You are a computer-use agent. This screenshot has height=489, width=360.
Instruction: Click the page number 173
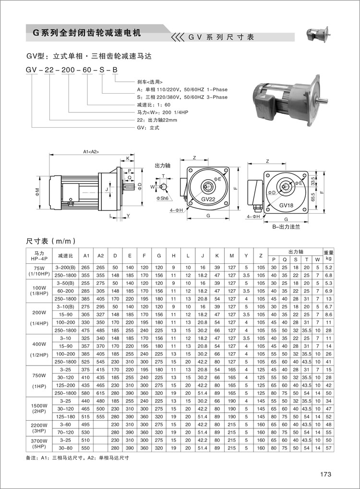coord(326,474)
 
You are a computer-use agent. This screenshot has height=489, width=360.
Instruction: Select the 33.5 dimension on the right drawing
coord(313,182)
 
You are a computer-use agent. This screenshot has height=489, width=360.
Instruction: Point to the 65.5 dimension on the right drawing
coord(313,198)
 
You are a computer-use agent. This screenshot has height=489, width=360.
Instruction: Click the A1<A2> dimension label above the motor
coord(91,152)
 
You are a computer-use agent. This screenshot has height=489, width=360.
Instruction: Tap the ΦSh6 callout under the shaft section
coord(162,198)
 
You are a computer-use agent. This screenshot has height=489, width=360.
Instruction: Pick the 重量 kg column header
coord(328,255)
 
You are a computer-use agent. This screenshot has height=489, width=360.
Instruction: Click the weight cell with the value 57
coord(328,448)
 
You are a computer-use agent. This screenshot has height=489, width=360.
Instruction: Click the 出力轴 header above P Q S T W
coord(295,251)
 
